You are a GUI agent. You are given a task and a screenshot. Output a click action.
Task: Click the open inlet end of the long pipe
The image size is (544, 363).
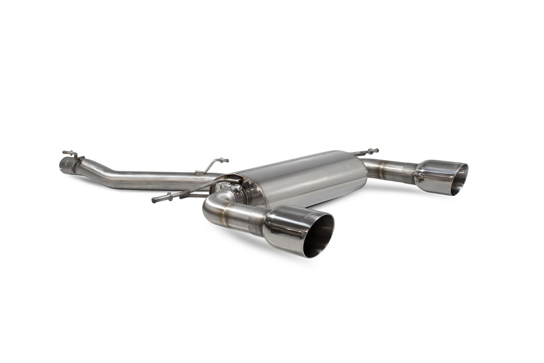click(x=64, y=165)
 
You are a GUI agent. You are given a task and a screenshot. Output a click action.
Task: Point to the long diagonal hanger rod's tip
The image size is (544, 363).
click(x=155, y=200)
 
